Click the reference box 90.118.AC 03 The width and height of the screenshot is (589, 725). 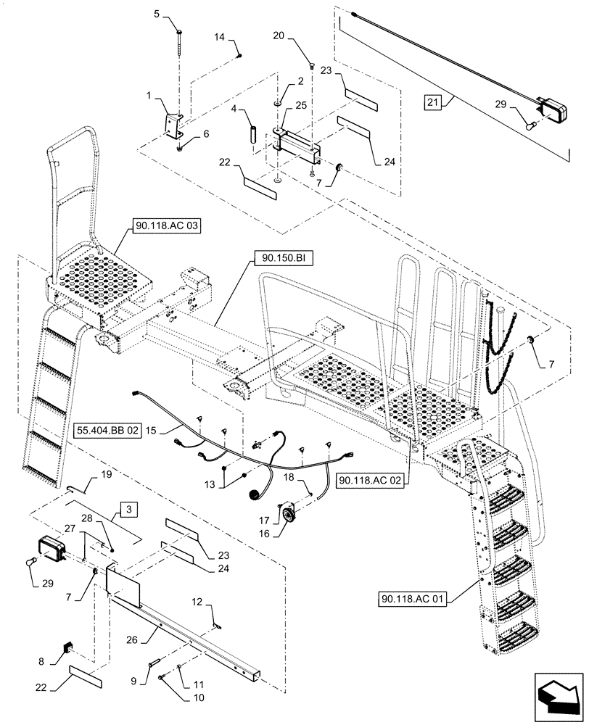165,227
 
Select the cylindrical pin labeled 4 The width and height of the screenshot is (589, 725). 253,135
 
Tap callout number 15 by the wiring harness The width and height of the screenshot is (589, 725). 151,430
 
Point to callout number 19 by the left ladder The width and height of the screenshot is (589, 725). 106,475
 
